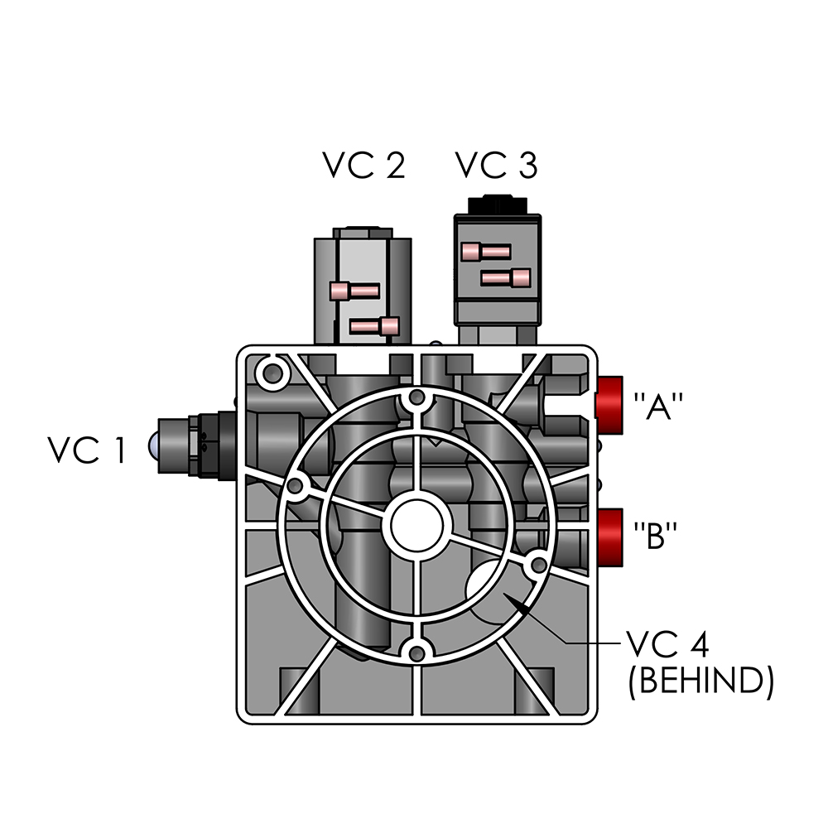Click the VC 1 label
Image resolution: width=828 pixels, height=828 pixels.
point(86,450)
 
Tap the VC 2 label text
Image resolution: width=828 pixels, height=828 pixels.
point(363,166)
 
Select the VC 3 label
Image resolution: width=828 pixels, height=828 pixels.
point(496,166)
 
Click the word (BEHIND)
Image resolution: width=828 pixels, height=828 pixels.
point(700,681)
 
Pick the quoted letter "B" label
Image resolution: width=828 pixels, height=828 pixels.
point(657,537)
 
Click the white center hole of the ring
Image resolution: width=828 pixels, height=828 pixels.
point(416,526)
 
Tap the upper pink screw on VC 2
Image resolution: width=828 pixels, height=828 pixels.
point(354,291)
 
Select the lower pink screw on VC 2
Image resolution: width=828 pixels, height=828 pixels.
point(375,326)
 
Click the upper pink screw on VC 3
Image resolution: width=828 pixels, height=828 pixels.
point(486,251)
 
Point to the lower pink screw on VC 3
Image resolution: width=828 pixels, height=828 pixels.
point(506,277)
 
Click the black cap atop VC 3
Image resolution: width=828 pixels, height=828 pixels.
point(497,205)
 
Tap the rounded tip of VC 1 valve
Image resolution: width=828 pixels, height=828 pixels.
point(155,448)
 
